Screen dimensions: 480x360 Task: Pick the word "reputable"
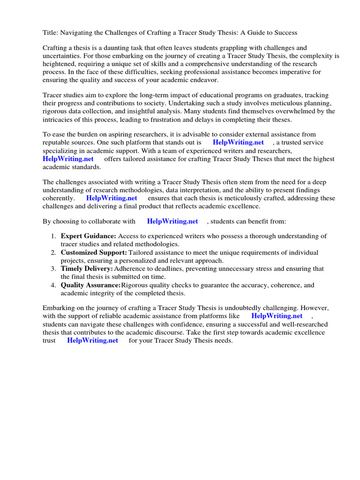(58, 142)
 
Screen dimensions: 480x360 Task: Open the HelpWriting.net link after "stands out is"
(238, 142)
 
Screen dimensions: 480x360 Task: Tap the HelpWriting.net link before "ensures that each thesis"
(112, 198)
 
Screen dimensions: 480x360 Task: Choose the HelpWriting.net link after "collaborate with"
(172, 221)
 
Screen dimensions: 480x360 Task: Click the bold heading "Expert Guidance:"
(89, 236)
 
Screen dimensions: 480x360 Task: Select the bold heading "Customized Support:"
(94, 253)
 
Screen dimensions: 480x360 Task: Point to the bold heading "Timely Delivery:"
(87, 269)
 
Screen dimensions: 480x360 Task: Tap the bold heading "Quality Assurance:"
(90, 285)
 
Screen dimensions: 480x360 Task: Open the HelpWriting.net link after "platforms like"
(277, 316)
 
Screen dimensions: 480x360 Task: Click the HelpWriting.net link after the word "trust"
(92, 340)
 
